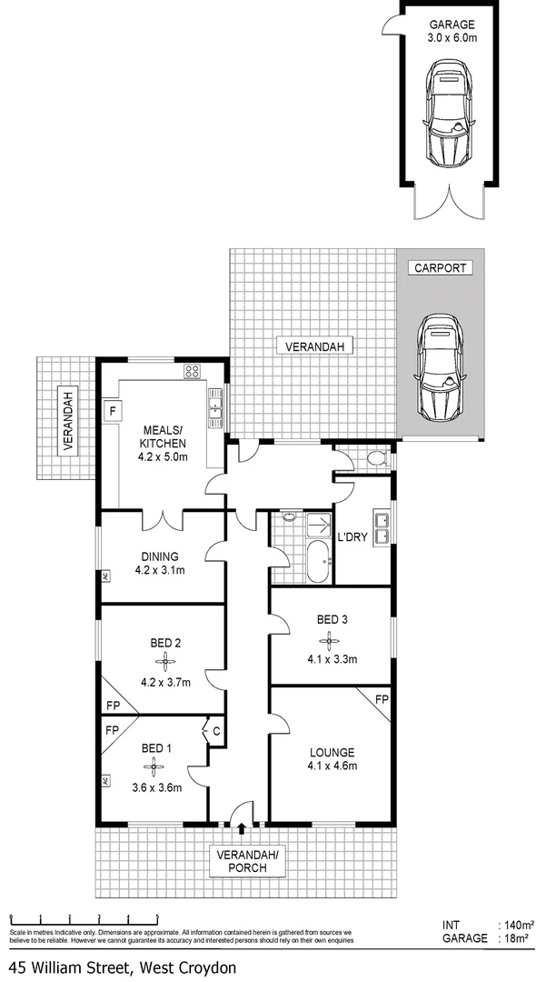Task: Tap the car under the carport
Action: [x=440, y=369]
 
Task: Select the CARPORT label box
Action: [x=441, y=268]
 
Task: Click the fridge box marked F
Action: [x=114, y=410]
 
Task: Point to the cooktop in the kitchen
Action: [x=193, y=370]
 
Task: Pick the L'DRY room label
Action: [x=352, y=537]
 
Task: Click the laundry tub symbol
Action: [x=382, y=528]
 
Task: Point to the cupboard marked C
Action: [x=216, y=729]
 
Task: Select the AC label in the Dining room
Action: [x=105, y=576]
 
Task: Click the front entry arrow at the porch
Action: [x=241, y=827]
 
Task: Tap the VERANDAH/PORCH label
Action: [x=242, y=861]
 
